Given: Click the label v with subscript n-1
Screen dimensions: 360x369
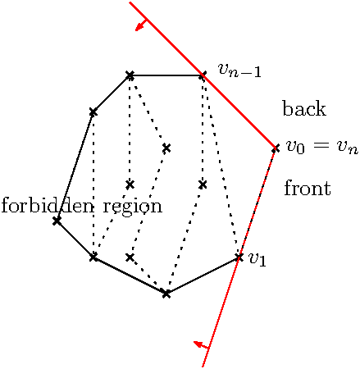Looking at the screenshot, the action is (x=239, y=71).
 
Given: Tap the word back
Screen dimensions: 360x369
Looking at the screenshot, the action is (x=304, y=108).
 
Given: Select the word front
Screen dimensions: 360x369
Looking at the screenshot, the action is (x=308, y=188).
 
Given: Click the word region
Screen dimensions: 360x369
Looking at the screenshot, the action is (x=133, y=207).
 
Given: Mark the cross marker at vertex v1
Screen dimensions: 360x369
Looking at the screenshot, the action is (x=239, y=257).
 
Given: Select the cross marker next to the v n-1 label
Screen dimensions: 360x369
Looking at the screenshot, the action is (x=203, y=75).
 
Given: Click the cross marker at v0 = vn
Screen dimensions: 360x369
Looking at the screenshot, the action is (x=276, y=148).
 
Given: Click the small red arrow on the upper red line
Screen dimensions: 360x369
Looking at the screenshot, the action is (x=142, y=25).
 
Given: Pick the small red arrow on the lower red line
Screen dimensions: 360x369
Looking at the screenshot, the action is (x=201, y=345).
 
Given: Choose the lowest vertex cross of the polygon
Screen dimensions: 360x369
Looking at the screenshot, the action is (x=166, y=294).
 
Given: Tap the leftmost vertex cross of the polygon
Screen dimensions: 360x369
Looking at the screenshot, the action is (x=57, y=221).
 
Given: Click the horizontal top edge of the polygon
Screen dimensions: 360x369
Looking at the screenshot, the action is (x=166, y=75).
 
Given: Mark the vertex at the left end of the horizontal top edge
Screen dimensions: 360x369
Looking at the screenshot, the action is (x=130, y=75).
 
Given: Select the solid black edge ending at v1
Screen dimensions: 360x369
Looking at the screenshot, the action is (x=203, y=276).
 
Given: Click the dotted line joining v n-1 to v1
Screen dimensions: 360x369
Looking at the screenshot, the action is (x=221, y=166).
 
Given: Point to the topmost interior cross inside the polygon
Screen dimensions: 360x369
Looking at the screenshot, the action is (x=166, y=148).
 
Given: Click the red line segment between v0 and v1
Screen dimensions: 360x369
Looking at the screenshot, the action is (x=257, y=203).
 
